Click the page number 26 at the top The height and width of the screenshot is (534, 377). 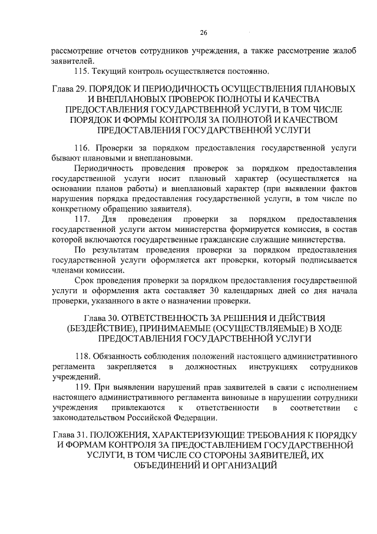(203, 32)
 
